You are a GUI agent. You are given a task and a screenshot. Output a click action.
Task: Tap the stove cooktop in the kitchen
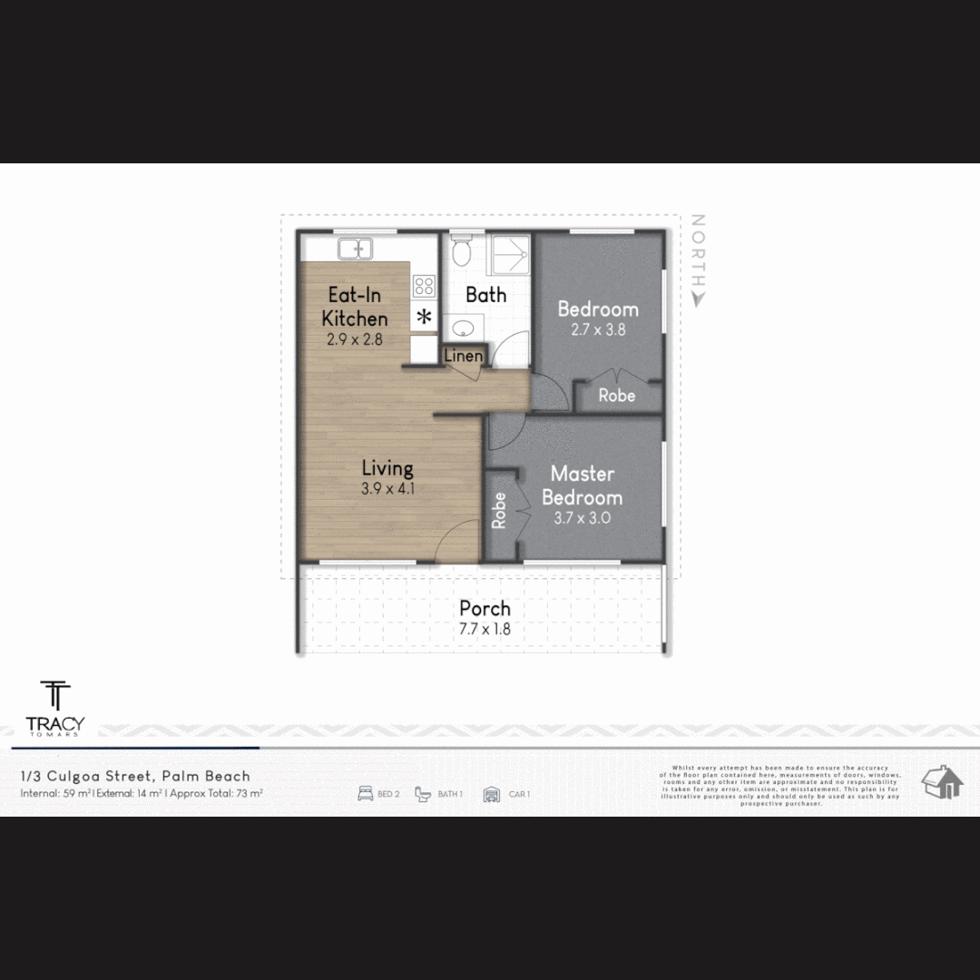424,286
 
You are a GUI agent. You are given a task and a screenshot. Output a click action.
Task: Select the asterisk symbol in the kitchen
424,317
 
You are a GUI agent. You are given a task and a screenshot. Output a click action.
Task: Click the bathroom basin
464,328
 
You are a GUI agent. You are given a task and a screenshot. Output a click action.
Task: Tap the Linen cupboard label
463,357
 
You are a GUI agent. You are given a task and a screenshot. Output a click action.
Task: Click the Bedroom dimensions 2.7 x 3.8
598,330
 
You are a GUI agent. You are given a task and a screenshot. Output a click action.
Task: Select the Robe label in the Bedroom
617,396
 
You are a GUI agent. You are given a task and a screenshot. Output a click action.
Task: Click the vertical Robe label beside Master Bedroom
499,511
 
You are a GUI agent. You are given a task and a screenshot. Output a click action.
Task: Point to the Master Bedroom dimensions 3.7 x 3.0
582,519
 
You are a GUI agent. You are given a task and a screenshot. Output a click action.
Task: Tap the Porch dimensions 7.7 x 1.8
485,629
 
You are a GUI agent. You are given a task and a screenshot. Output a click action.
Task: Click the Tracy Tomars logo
55,708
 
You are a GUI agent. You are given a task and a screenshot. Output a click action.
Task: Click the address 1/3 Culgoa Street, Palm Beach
136,776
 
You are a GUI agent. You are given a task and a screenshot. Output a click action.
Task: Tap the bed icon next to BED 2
366,794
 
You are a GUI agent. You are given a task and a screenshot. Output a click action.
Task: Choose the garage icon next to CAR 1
492,794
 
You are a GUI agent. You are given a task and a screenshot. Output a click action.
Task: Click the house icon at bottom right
941,781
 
